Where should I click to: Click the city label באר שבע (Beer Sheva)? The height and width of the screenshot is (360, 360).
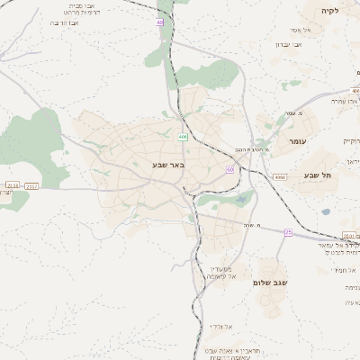click(x=168, y=166)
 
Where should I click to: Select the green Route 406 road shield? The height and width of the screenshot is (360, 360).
click(x=183, y=137)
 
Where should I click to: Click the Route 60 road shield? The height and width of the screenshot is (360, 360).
click(x=230, y=168)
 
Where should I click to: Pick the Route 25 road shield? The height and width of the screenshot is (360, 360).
click(x=288, y=232)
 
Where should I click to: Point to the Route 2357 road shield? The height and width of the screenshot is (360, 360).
click(x=32, y=185)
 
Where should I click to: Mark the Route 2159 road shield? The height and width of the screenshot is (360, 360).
click(x=13, y=185)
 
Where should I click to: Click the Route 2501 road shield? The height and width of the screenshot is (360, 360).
click(x=352, y=235)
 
